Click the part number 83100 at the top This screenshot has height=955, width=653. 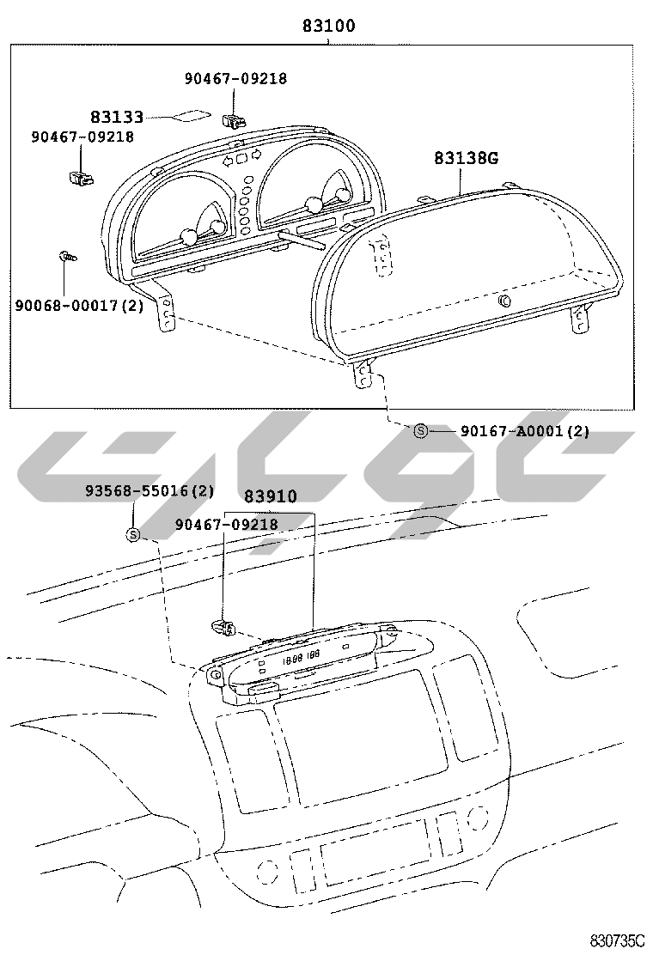(x=329, y=26)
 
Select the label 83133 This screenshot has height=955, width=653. (x=117, y=116)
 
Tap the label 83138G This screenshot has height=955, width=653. (x=466, y=158)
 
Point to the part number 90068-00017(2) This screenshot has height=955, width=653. (x=80, y=305)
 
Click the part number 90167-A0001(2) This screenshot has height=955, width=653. (x=525, y=431)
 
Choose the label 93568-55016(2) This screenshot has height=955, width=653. (x=150, y=490)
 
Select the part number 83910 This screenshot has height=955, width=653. (x=271, y=497)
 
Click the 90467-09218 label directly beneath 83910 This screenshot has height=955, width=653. (x=227, y=525)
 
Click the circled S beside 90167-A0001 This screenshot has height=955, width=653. (x=420, y=431)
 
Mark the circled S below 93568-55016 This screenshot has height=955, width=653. (x=133, y=535)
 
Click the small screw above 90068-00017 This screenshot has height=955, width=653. (x=67, y=256)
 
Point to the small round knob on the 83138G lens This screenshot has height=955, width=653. (x=504, y=301)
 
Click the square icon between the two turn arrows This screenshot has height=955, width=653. (x=241, y=158)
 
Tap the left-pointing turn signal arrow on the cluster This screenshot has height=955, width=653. (x=228, y=161)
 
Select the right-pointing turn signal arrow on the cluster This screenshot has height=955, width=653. (x=256, y=155)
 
